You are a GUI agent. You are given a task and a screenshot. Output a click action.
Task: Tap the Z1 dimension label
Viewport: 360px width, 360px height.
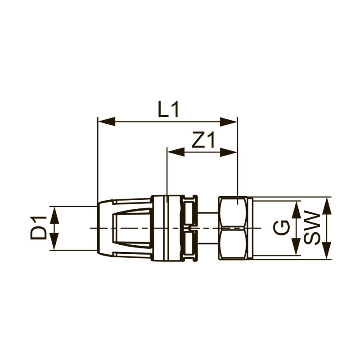[x=202, y=141]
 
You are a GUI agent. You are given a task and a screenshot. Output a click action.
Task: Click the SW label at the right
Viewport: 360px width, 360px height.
[x=312, y=228]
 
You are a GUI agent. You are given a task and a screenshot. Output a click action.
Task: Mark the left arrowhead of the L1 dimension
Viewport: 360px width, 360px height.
[x=106, y=121]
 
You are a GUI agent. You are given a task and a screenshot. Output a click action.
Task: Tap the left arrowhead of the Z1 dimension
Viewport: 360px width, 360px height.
[x=175, y=152]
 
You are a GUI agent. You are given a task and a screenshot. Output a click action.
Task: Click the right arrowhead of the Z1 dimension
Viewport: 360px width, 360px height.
[x=229, y=152]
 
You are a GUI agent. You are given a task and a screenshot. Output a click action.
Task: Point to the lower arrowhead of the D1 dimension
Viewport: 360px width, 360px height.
[x=54, y=243]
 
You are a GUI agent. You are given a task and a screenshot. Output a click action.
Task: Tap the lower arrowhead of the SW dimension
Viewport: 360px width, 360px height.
[x=327, y=252]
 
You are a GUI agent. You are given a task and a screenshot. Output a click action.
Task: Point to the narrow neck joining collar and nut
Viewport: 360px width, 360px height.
[x=207, y=228]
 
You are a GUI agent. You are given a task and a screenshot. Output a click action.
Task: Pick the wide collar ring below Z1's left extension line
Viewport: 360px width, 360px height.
[x=166, y=228]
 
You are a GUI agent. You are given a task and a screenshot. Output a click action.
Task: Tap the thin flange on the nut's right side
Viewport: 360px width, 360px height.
[x=250, y=228]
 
